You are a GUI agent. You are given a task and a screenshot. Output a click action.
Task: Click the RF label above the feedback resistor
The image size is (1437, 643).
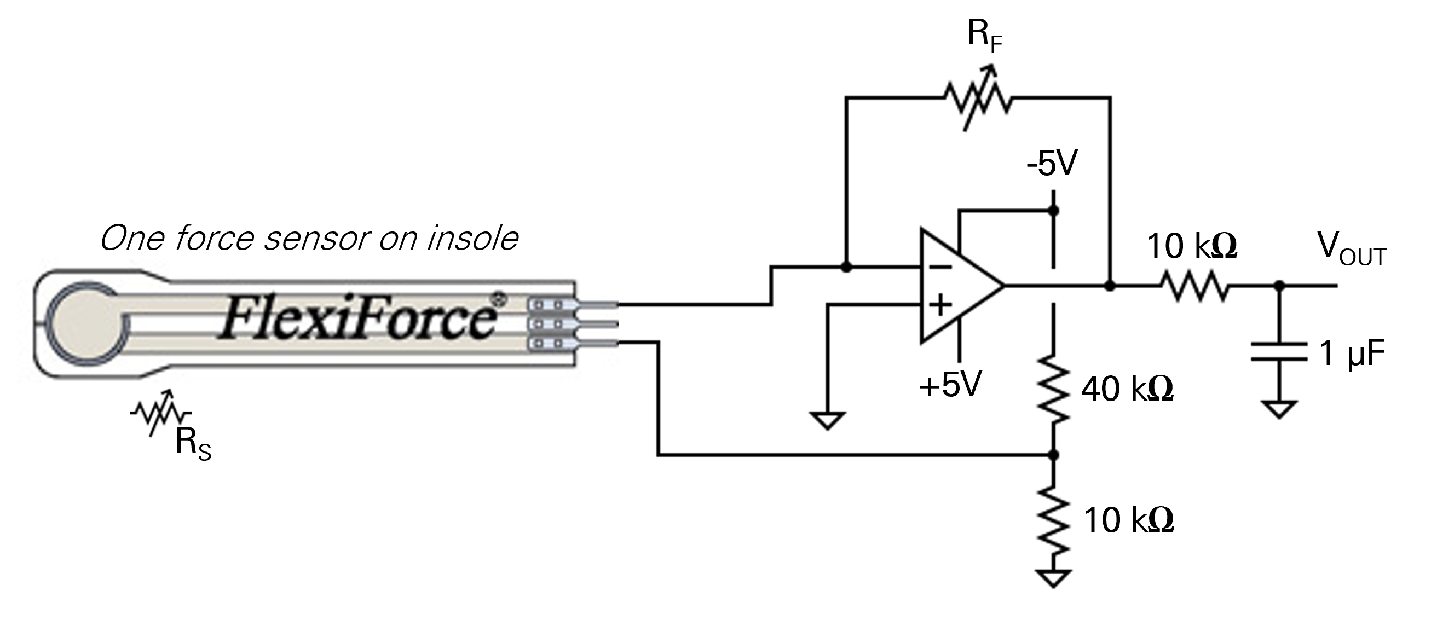[x=985, y=37]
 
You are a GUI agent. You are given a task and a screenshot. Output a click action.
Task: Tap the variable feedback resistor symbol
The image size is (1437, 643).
[x=978, y=99]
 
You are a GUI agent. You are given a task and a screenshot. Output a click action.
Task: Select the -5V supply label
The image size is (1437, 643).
[x=1052, y=164]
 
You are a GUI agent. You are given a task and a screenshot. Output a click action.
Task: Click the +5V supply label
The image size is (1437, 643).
[x=950, y=385]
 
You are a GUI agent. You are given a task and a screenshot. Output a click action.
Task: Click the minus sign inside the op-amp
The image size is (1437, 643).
[x=940, y=268]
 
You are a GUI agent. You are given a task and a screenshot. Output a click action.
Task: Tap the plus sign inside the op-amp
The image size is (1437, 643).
[x=940, y=305]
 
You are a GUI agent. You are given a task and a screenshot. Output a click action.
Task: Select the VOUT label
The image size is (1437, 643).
[x=1351, y=249]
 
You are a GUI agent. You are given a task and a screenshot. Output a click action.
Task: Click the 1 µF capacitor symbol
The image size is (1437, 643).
[x=1279, y=352]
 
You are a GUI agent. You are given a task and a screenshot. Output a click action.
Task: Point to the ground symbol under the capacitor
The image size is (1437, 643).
[x=1279, y=409]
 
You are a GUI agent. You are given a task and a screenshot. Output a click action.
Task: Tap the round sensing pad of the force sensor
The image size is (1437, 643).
[x=88, y=323]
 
